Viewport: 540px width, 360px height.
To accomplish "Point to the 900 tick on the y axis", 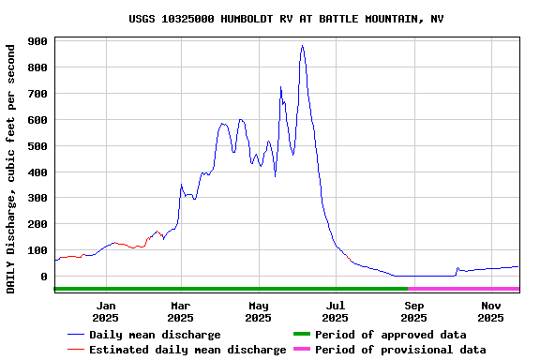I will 38,41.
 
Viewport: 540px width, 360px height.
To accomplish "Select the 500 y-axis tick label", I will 38,146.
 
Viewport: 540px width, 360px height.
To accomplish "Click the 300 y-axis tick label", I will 38,198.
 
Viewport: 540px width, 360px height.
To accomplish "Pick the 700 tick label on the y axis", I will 38,94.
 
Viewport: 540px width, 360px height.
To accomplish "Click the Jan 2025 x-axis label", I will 106,311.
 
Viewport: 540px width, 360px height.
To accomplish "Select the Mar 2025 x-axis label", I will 181,311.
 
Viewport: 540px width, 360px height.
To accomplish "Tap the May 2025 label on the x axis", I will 258,311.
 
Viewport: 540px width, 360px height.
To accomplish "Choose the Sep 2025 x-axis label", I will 413,311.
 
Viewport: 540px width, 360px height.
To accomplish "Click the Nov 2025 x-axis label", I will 490,311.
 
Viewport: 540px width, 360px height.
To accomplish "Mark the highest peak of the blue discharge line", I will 302,46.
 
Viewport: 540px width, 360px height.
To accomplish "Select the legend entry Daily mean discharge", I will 155,335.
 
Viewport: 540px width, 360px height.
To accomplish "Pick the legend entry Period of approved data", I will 390,335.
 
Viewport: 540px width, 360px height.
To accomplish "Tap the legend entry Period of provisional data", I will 400,350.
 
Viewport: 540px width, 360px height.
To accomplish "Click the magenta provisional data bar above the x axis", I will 463,289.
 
